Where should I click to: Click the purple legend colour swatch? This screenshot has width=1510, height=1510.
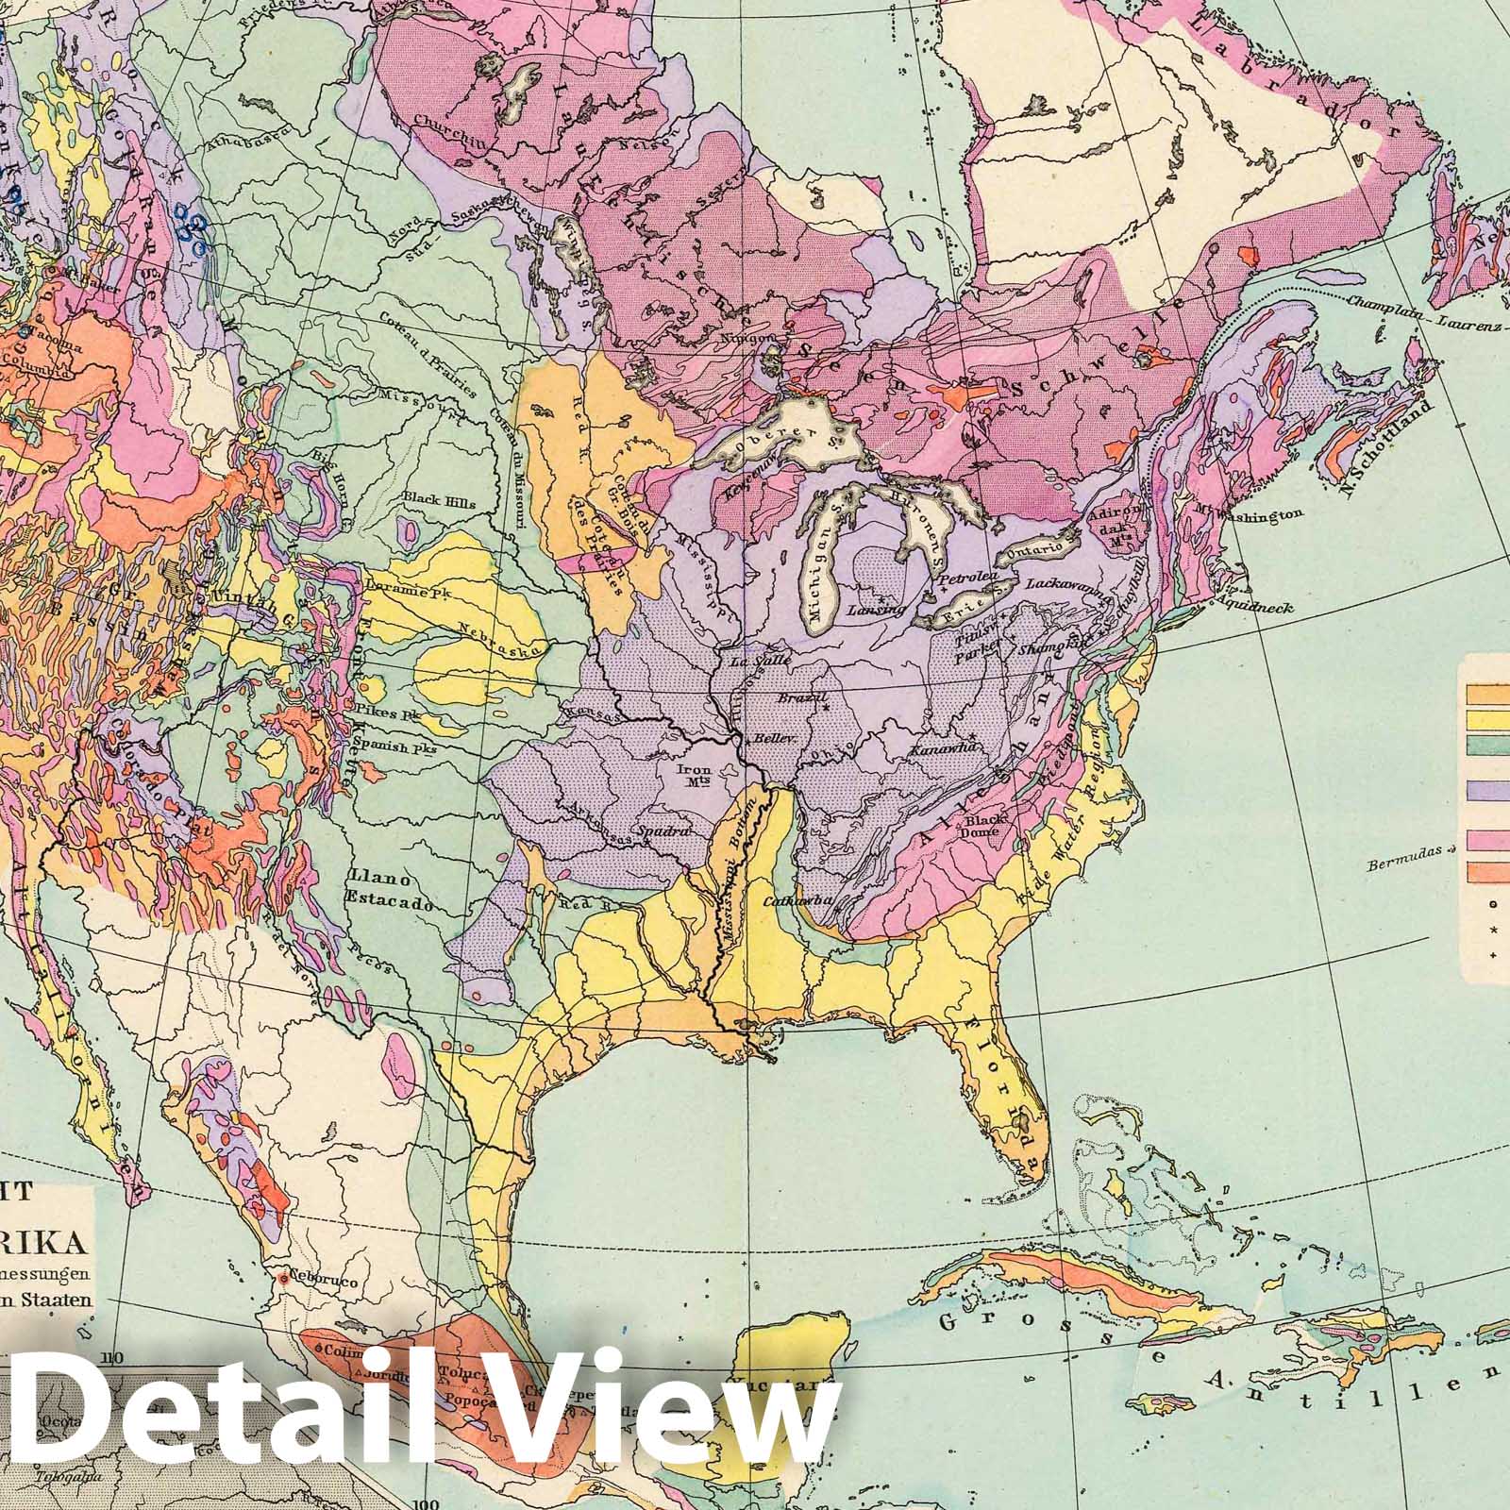[1485, 791]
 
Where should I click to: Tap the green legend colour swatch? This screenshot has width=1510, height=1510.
[1485, 746]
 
